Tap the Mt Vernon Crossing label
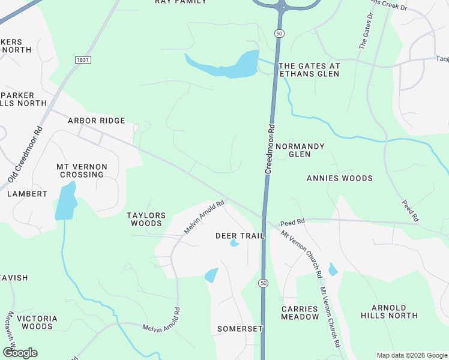82,170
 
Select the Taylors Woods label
145,219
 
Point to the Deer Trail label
240,236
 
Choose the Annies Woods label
339,178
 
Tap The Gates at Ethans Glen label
309,70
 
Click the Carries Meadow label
300,313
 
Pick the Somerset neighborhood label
240,329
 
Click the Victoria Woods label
37,322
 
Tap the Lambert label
27,194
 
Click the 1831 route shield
83,60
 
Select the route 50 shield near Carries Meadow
263,283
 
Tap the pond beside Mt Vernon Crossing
65,202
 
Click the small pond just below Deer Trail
234,244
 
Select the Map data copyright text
412,355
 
